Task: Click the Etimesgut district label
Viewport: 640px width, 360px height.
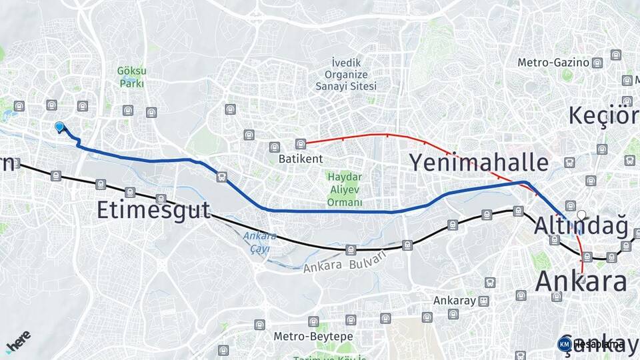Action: tap(153, 210)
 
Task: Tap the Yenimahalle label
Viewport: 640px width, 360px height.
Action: tap(479, 163)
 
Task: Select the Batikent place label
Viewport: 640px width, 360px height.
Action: tap(301, 159)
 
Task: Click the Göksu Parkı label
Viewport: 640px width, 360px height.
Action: tap(131, 77)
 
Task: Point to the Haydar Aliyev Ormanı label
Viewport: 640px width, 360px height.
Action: tap(345, 189)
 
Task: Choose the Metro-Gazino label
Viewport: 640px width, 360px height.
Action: tap(553, 63)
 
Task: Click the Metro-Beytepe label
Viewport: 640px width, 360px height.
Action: tap(313, 337)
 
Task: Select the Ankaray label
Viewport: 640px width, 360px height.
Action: tap(454, 301)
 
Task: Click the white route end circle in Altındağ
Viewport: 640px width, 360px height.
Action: tap(581, 215)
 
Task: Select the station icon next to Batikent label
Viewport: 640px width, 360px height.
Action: tap(301, 143)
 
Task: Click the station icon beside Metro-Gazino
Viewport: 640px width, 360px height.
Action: tap(597, 63)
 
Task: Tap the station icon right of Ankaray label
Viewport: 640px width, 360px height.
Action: tap(483, 301)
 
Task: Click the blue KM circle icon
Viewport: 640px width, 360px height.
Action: tap(564, 344)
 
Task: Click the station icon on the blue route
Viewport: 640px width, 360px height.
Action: tap(221, 177)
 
